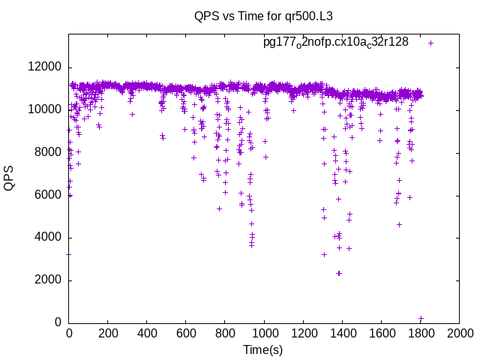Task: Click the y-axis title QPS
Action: click(x=10, y=178)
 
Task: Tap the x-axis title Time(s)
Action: click(x=263, y=349)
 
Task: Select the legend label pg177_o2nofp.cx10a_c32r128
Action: click(x=336, y=42)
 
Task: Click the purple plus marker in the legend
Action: click(x=431, y=43)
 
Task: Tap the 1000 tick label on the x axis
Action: click(x=264, y=333)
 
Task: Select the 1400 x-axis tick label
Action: click(x=342, y=333)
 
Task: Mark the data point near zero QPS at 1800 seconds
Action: click(x=421, y=319)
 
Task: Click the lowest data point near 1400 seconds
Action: click(x=339, y=273)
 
